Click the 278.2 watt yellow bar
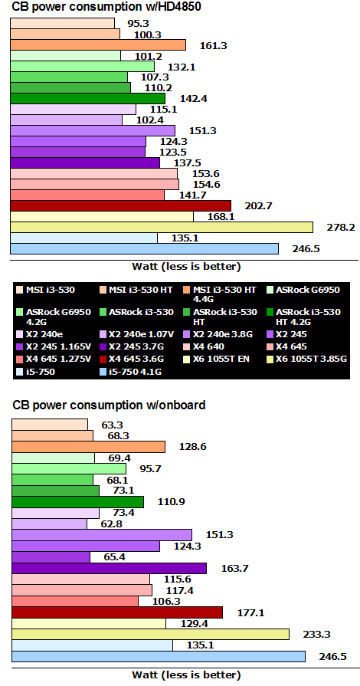click(161, 227)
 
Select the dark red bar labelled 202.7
click(120, 205)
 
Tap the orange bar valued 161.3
click(97, 44)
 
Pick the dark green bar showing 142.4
click(87, 98)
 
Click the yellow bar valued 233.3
click(150, 634)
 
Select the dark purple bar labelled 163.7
click(109, 568)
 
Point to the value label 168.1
click(242, 216)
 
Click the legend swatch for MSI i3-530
click(19, 289)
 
